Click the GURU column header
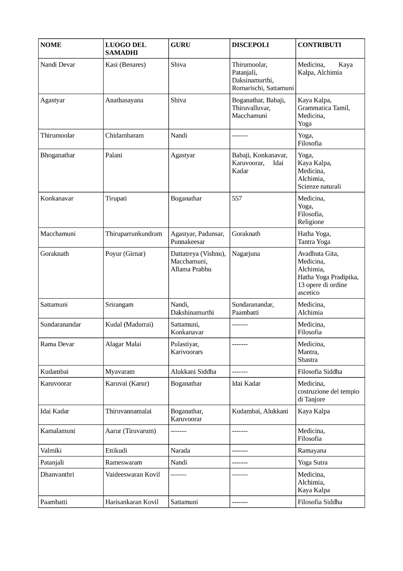click(180, 45)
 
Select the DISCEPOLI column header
click(250, 45)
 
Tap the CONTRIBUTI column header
click(319, 45)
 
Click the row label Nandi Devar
click(58, 65)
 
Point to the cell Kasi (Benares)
click(125, 65)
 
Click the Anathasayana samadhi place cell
click(124, 100)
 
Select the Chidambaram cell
click(124, 136)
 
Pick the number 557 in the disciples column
click(237, 198)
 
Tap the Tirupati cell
click(116, 198)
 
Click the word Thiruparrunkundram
click(134, 234)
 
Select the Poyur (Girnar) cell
click(125, 254)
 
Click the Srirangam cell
click(119, 305)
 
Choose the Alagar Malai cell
click(123, 344)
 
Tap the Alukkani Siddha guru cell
click(193, 372)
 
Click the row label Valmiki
click(51, 451)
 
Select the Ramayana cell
click(312, 451)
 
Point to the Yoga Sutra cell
click(312, 462)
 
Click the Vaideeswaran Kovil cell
click(132, 474)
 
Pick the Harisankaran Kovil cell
click(132, 502)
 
